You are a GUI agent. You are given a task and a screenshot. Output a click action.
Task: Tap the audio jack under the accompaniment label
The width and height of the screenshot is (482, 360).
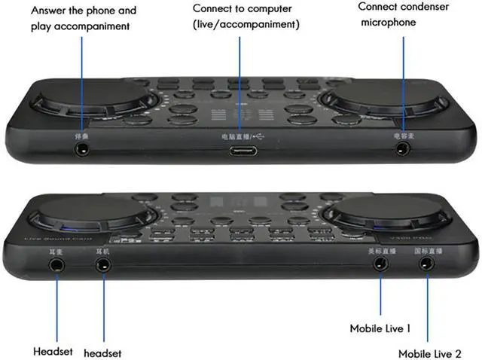click(x=82, y=149)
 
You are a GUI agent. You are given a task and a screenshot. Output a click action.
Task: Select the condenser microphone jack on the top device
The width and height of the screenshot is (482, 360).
click(x=403, y=149)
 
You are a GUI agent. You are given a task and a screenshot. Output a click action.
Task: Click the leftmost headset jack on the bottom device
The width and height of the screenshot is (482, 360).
click(x=56, y=264)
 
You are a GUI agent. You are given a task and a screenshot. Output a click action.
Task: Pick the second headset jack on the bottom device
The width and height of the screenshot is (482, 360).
click(x=102, y=264)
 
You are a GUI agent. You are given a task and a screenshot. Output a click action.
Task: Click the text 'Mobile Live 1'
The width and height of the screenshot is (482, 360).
click(x=380, y=328)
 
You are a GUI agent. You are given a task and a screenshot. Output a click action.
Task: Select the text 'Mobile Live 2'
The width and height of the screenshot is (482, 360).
click(x=431, y=352)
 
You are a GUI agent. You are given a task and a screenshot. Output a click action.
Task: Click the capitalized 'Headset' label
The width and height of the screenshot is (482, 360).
click(x=52, y=351)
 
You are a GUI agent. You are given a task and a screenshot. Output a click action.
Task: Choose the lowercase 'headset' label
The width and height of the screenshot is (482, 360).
click(x=102, y=352)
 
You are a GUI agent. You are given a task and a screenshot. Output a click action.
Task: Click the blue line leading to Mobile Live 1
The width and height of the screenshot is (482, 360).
click(x=381, y=297)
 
